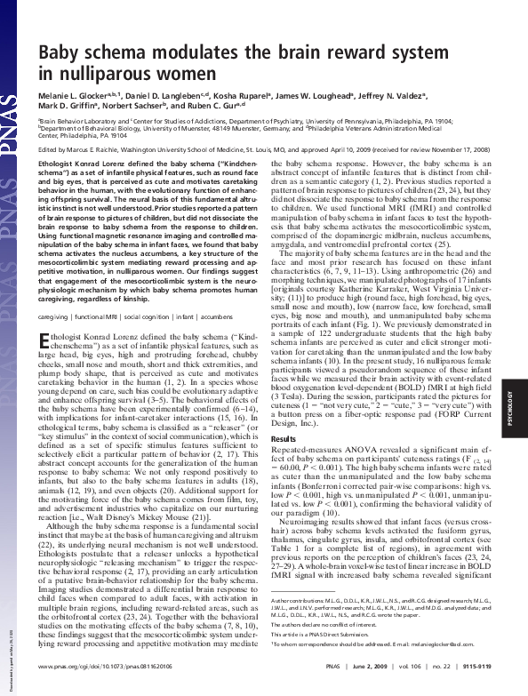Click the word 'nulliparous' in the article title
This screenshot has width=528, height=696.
tap(88, 69)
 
